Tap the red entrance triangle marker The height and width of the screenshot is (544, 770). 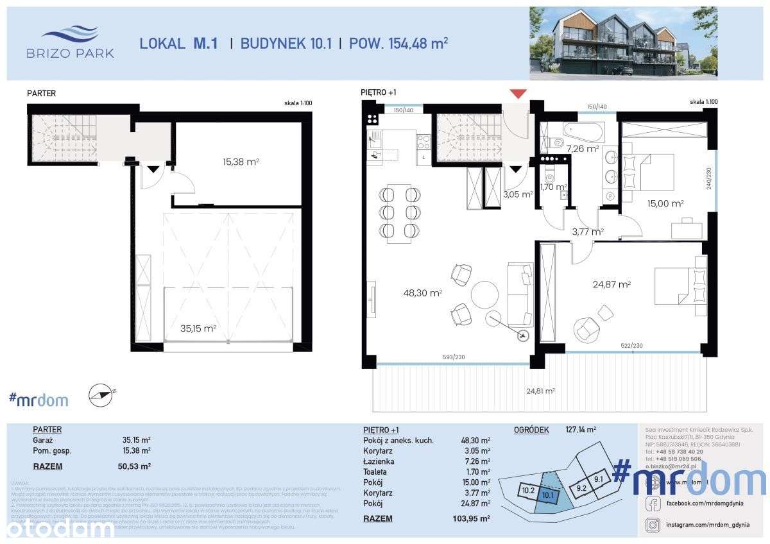coord(518,94)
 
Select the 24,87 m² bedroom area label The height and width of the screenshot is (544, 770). coord(613,284)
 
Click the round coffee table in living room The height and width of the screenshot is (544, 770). coord(484,294)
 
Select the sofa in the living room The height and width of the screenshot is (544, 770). coord(520,293)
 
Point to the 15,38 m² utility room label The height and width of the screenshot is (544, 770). coord(241,162)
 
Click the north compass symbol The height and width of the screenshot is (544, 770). coord(103,396)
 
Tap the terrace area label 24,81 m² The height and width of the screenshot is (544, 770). coord(540,389)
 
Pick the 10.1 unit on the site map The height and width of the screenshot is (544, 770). coord(547,494)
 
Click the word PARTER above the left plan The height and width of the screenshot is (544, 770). coord(41,93)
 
